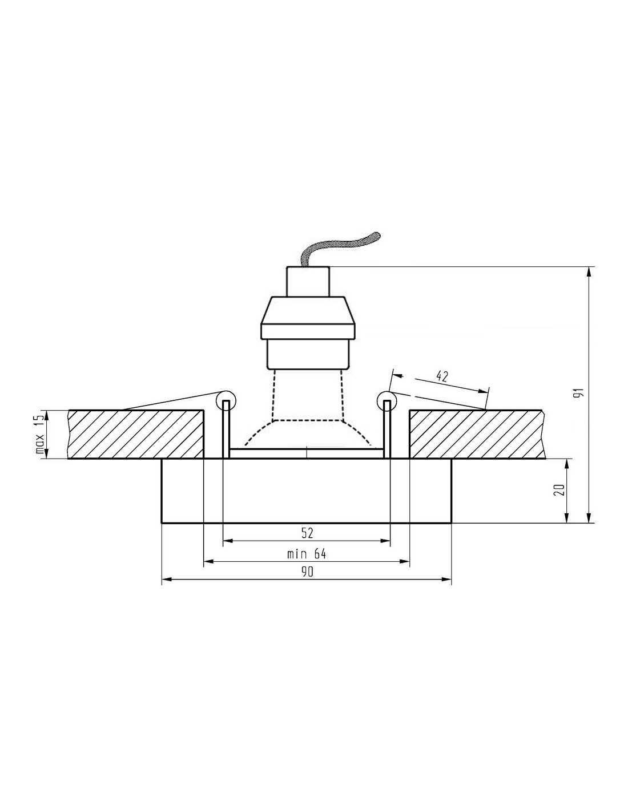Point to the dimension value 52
(x=307, y=533)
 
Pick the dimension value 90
(x=307, y=572)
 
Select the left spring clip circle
(x=226, y=400)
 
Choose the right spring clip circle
(x=388, y=400)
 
